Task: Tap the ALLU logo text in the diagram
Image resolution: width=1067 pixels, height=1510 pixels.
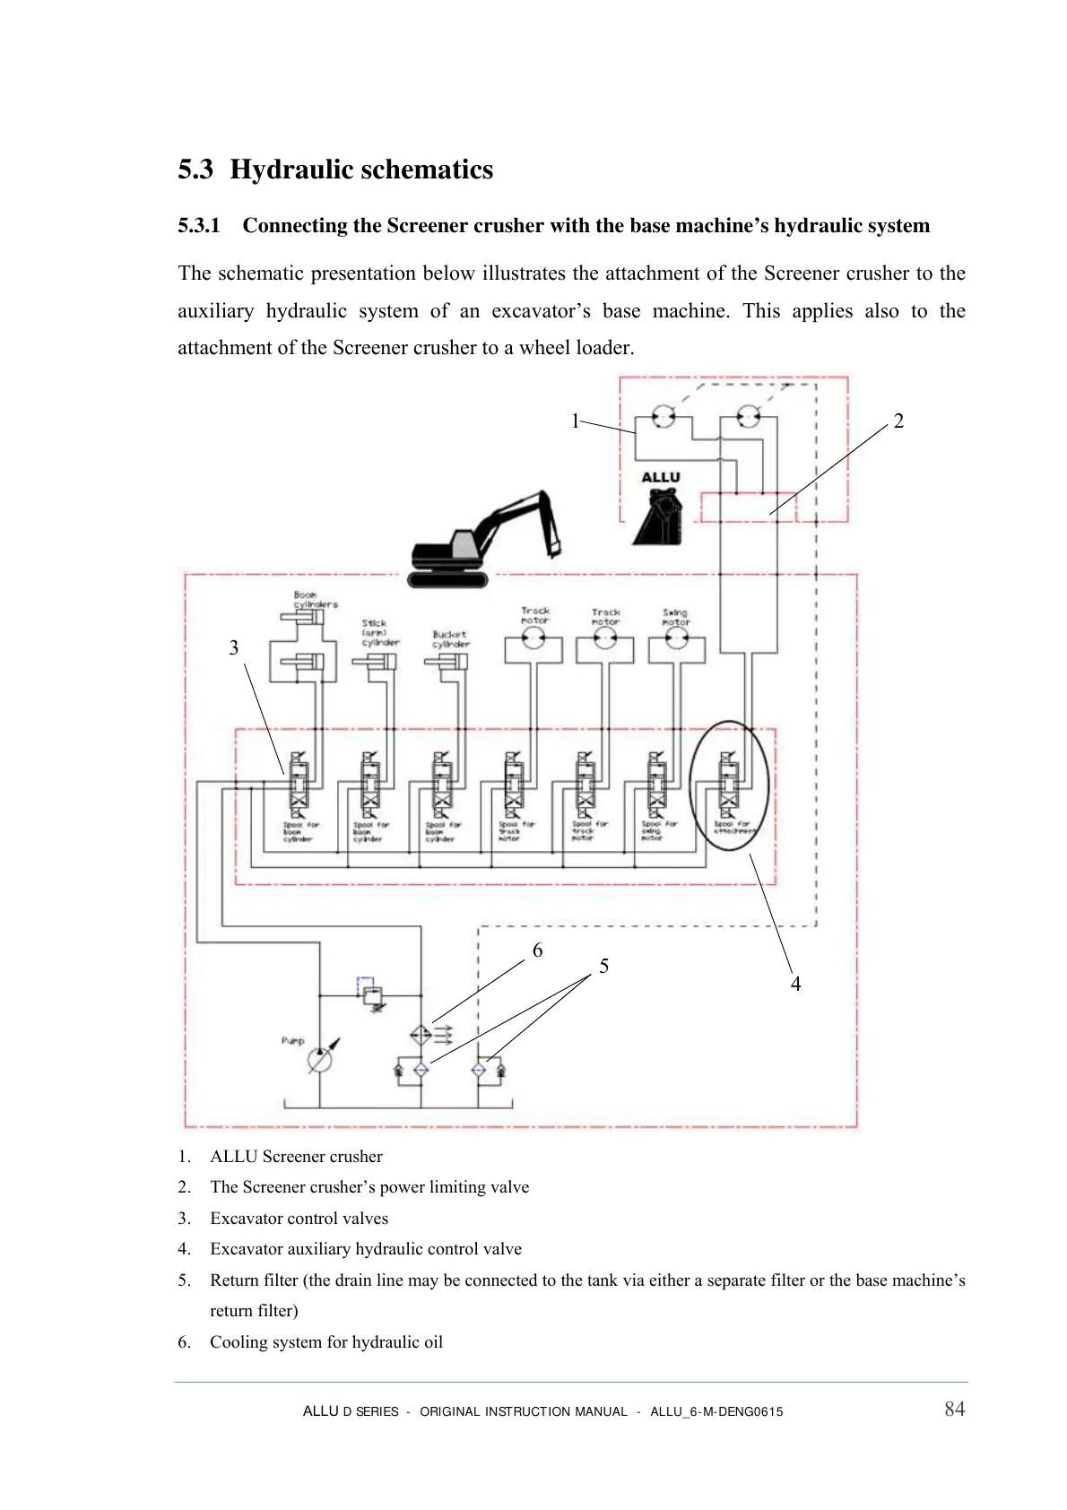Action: point(661,477)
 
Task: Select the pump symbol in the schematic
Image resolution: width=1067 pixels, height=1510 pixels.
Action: point(319,1060)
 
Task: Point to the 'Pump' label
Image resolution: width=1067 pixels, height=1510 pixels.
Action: point(293,1041)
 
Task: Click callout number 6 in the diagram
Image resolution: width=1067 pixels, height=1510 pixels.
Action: point(537,950)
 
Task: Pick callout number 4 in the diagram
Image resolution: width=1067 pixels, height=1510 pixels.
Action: point(795,985)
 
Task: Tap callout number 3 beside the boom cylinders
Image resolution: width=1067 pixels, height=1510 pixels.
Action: point(234,648)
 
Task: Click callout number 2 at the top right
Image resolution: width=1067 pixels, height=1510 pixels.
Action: point(898,421)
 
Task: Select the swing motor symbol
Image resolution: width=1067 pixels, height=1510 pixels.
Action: point(677,638)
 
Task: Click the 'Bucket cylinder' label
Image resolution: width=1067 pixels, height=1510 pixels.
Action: point(450,638)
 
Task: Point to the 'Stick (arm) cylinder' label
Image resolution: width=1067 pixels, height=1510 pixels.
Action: point(379,632)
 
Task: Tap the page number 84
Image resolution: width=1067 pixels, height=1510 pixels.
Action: point(954,1410)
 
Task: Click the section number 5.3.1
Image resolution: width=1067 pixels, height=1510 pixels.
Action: point(198,225)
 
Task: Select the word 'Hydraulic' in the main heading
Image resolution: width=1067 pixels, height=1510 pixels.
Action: point(291,169)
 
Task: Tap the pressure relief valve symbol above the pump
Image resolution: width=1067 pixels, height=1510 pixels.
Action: point(373,994)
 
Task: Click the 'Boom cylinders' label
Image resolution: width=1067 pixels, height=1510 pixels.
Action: point(315,599)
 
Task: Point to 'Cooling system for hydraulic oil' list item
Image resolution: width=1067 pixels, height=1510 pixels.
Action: point(326,1342)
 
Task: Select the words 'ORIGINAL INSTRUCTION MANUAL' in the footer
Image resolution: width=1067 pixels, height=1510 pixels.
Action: point(524,1411)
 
